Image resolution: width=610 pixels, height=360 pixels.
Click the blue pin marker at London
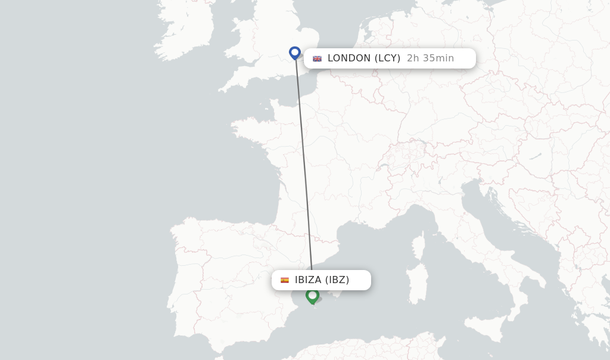click(x=295, y=53)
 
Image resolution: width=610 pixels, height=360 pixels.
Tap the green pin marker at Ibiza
click(x=312, y=295)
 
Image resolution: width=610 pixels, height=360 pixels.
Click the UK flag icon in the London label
click(x=318, y=58)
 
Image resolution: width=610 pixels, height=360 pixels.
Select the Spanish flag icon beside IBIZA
click(x=285, y=280)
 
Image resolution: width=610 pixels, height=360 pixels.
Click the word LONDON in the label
click(x=349, y=58)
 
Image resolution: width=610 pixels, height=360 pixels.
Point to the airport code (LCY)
click(x=387, y=58)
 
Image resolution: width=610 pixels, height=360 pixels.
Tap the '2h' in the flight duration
click(x=412, y=58)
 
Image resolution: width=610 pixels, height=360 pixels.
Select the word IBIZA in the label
click(x=308, y=280)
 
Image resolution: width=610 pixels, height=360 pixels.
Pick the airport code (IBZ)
click(x=337, y=280)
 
